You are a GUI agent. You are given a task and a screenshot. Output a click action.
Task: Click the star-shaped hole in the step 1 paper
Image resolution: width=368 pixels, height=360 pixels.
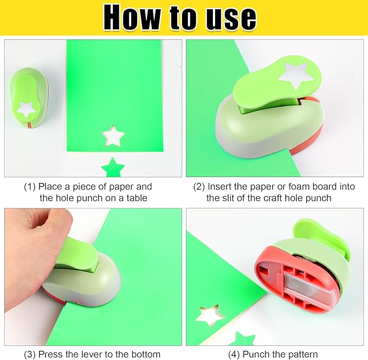click(x=114, y=136)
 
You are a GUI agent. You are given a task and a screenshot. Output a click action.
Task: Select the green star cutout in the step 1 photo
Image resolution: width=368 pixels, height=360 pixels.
click(x=113, y=167)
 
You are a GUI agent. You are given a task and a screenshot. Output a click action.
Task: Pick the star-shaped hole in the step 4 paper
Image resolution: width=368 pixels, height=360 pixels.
click(x=210, y=315)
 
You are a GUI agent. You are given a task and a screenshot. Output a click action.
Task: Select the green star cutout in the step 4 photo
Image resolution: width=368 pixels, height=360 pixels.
click(x=242, y=339)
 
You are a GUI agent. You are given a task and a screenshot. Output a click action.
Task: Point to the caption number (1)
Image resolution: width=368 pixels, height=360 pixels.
click(x=30, y=187)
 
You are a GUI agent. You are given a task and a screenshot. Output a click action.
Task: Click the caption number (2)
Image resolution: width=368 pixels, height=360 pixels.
click(x=199, y=187)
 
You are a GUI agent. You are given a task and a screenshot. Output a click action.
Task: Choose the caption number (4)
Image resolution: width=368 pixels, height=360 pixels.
click(x=233, y=355)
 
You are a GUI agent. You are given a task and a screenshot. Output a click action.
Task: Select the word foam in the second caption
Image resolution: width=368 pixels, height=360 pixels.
click(x=290, y=187)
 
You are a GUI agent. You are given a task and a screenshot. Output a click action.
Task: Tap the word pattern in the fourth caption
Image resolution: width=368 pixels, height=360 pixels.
click(x=301, y=355)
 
